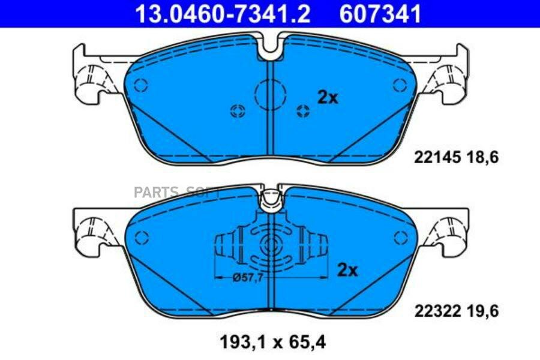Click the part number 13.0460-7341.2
[223, 14]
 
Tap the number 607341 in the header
[380, 14]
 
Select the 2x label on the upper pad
[328, 97]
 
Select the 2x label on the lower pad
[347, 269]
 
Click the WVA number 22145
[437, 157]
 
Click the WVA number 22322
[437, 311]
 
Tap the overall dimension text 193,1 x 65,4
[272, 342]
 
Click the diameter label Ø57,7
[248, 277]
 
